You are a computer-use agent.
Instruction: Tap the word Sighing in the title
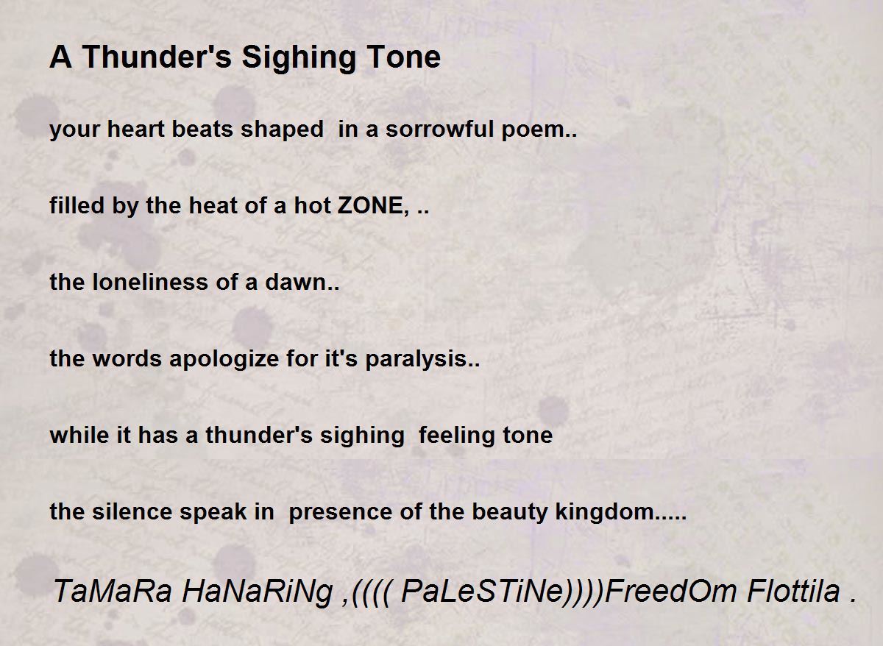pyautogui.click(x=299, y=58)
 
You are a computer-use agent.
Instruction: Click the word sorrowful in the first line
pyautogui.click(x=439, y=129)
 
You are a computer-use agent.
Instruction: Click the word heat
pyautogui.click(x=213, y=206)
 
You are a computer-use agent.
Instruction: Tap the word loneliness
pyautogui.click(x=150, y=283)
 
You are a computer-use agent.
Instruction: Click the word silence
pyautogui.click(x=132, y=511)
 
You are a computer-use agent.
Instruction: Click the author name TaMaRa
pyautogui.click(x=113, y=592)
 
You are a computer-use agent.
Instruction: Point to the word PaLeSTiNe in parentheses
pyautogui.click(x=482, y=592)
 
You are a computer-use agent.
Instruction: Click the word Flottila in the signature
pyautogui.click(x=793, y=592)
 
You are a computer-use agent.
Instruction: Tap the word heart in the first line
pyautogui.click(x=135, y=129)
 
